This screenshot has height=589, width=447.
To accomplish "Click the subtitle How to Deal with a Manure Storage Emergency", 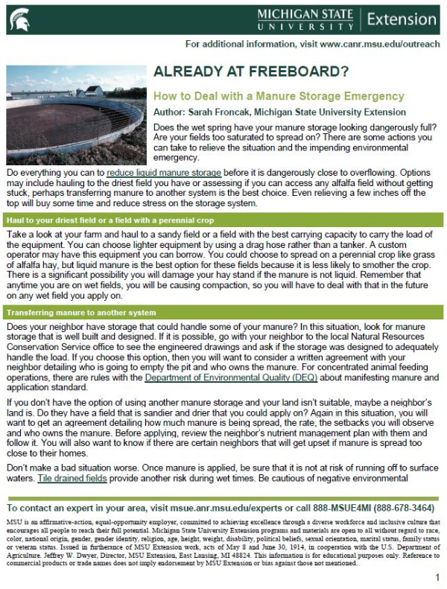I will (x=279, y=97).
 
